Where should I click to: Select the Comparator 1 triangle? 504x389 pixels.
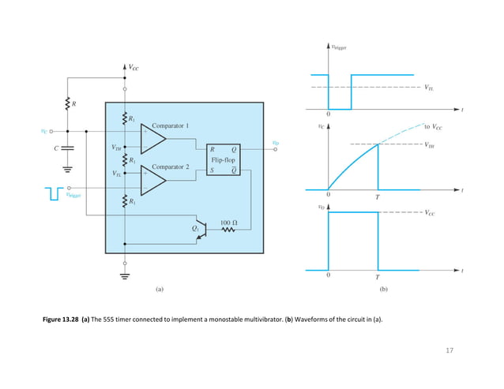(154, 140)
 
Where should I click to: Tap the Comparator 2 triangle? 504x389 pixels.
(154, 181)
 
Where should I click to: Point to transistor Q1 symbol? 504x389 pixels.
(201, 230)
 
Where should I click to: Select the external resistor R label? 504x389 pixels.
(74, 103)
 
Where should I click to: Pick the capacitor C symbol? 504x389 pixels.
(66, 148)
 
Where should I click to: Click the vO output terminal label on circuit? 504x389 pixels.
(275, 143)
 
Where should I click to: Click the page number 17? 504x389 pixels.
(450, 350)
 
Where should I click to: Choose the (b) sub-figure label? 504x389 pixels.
(383, 290)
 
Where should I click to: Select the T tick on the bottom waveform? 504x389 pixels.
(378, 278)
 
